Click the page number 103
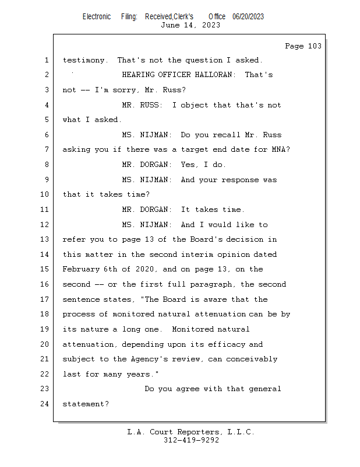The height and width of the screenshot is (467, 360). click(315, 46)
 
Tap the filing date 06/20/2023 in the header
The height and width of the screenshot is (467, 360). click(248, 17)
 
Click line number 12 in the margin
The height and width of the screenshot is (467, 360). click(44, 224)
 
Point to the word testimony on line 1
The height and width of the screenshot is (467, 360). click(83, 60)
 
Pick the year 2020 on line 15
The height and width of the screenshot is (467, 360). click(144, 269)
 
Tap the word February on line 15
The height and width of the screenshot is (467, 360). click(81, 270)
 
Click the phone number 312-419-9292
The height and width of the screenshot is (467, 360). click(191, 440)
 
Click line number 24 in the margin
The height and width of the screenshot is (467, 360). click(44, 404)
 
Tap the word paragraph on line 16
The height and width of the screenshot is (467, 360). click(211, 284)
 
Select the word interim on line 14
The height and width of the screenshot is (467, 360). click(197, 255)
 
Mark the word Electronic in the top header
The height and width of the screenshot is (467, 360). click(97, 17)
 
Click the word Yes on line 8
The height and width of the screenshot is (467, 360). click(188, 165)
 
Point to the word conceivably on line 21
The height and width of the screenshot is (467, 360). click(252, 359)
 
